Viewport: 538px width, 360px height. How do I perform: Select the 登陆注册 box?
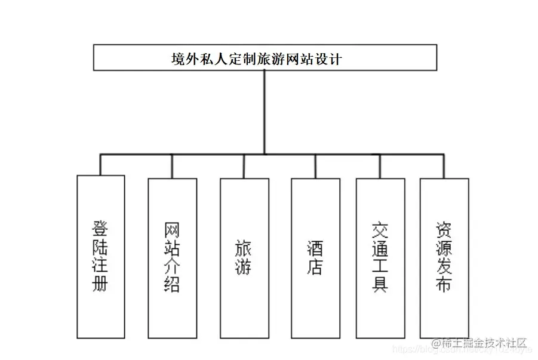point(101,257)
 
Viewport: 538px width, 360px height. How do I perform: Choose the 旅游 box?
point(244,257)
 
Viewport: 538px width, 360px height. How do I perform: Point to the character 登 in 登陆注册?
point(101,228)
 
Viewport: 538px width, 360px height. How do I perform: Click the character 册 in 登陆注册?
point(101,284)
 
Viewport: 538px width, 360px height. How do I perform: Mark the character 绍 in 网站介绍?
point(172,284)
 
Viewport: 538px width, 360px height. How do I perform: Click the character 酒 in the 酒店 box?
point(315,247)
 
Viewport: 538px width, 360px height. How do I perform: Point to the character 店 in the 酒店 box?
point(315,267)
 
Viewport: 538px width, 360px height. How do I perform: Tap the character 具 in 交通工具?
point(380,284)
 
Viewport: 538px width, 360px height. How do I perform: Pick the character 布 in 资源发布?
point(444,284)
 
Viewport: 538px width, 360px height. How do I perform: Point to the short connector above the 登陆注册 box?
point(101,164)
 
